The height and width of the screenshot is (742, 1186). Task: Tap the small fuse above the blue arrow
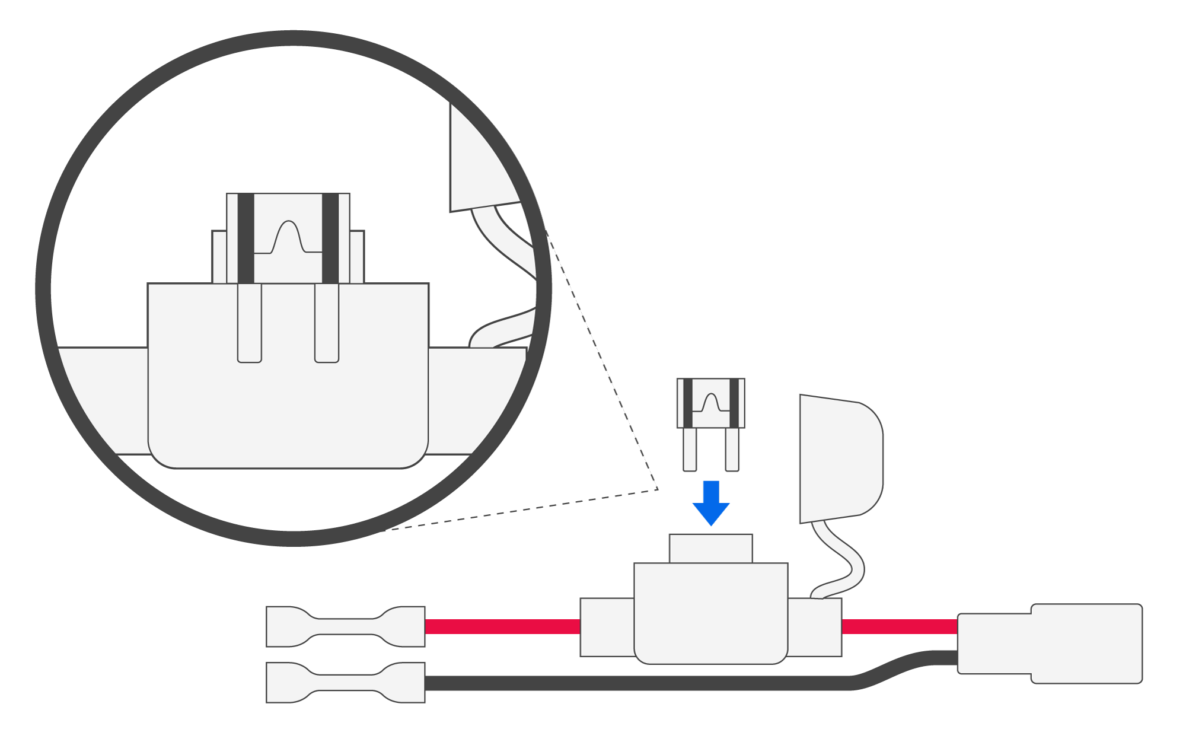711,403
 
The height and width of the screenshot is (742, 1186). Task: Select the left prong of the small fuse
690,450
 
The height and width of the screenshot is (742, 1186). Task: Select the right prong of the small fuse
732,450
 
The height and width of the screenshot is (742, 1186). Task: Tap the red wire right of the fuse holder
899,626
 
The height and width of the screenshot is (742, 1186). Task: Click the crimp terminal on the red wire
346,626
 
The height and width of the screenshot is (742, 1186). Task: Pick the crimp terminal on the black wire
346,683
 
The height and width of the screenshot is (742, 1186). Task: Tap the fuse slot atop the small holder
711,549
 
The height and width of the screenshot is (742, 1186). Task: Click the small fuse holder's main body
711,614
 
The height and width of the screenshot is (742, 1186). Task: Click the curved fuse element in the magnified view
288,237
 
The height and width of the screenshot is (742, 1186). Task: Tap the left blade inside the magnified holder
250,323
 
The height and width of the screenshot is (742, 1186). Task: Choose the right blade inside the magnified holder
327,323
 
